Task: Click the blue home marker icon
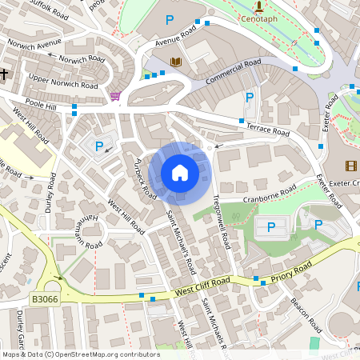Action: pyautogui.click(x=180, y=173)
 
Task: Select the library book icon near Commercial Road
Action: pyautogui.click(x=175, y=62)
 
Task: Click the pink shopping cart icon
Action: pyautogui.click(x=116, y=96)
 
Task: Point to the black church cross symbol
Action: pyautogui.click(x=4, y=74)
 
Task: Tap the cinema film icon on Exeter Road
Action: pyautogui.click(x=351, y=166)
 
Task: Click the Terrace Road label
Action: pyautogui.click(x=264, y=126)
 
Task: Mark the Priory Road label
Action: pyautogui.click(x=289, y=273)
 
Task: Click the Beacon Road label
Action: pyautogui.click(x=305, y=316)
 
